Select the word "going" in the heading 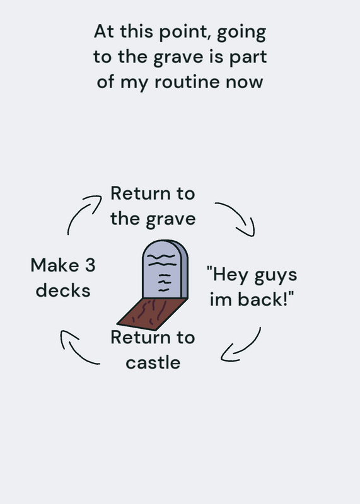tap(241, 33)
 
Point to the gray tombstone tap(165, 270)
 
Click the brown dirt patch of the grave tap(153, 313)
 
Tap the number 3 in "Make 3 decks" tap(90, 265)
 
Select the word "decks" tap(63, 290)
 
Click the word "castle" tap(153, 362)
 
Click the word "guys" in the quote tap(276, 277)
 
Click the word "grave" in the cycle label tap(170, 220)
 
